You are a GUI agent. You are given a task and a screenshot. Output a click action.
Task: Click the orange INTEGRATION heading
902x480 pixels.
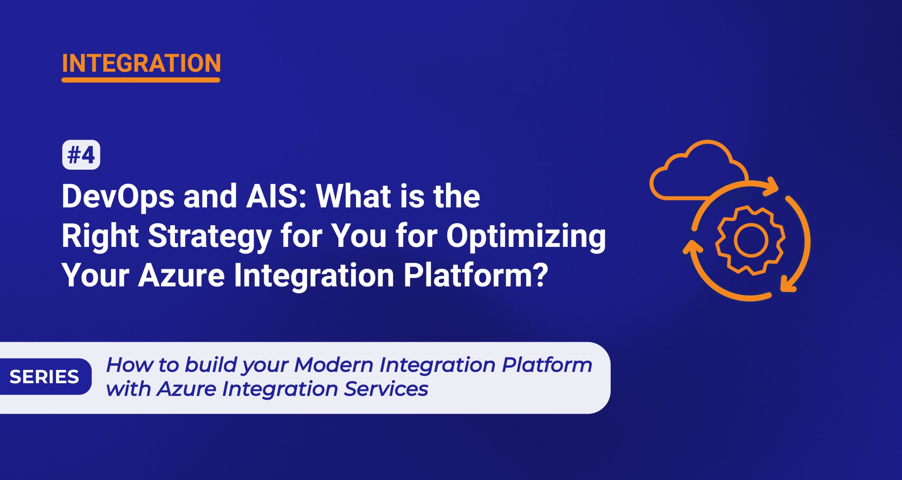(x=141, y=63)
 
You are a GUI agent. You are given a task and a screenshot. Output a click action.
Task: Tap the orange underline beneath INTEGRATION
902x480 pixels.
(x=141, y=80)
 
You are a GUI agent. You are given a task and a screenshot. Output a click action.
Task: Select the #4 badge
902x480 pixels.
(x=81, y=155)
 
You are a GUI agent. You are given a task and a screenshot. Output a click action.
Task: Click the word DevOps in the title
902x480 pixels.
(x=118, y=197)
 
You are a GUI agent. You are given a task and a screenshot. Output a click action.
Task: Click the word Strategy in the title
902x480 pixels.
(x=209, y=236)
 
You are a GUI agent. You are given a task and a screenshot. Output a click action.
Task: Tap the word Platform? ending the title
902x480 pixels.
(x=476, y=275)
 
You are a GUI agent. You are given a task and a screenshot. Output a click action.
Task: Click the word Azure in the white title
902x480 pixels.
(x=182, y=275)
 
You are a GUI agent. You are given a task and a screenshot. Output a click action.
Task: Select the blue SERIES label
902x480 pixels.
(x=45, y=377)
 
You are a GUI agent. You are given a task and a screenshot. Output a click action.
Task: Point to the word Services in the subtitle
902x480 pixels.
(x=386, y=389)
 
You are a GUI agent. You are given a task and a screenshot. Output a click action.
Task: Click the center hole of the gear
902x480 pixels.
(x=751, y=240)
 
